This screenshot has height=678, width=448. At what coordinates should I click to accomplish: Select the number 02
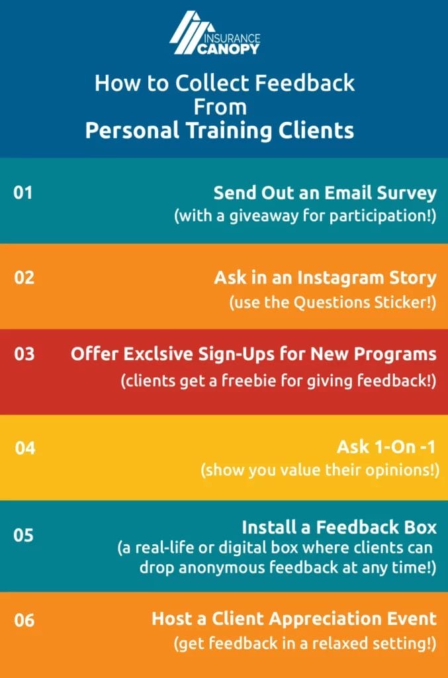(24, 277)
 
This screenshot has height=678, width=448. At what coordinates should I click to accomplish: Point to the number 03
(24, 354)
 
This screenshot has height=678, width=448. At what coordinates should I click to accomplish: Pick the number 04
(24, 448)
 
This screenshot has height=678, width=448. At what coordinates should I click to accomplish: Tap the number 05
(24, 534)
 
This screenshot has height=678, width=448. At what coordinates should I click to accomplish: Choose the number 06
(24, 620)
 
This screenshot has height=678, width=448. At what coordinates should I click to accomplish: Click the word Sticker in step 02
(404, 302)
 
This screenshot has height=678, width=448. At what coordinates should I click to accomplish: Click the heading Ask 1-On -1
(387, 447)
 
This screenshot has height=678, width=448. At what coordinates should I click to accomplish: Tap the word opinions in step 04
(395, 470)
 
